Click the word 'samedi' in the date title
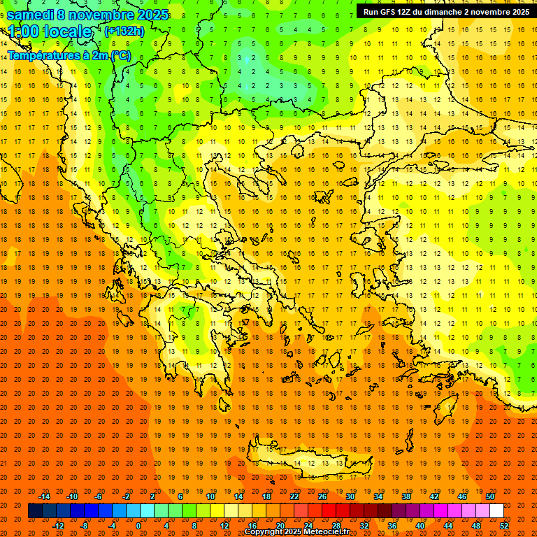click(x=31, y=15)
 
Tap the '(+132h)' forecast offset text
click(x=124, y=31)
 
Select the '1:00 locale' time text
click(x=50, y=31)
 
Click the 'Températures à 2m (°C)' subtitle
click(x=69, y=55)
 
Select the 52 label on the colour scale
click(x=504, y=525)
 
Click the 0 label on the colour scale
click(x=138, y=525)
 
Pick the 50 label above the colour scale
click(x=490, y=496)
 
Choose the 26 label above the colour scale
click(x=322, y=496)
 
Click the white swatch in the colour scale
click(x=496, y=511)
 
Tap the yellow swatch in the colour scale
click(x=217, y=511)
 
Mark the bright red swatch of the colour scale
click(x=329, y=511)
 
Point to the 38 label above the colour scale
click(x=406, y=496)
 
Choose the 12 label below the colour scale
click(x=224, y=525)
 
